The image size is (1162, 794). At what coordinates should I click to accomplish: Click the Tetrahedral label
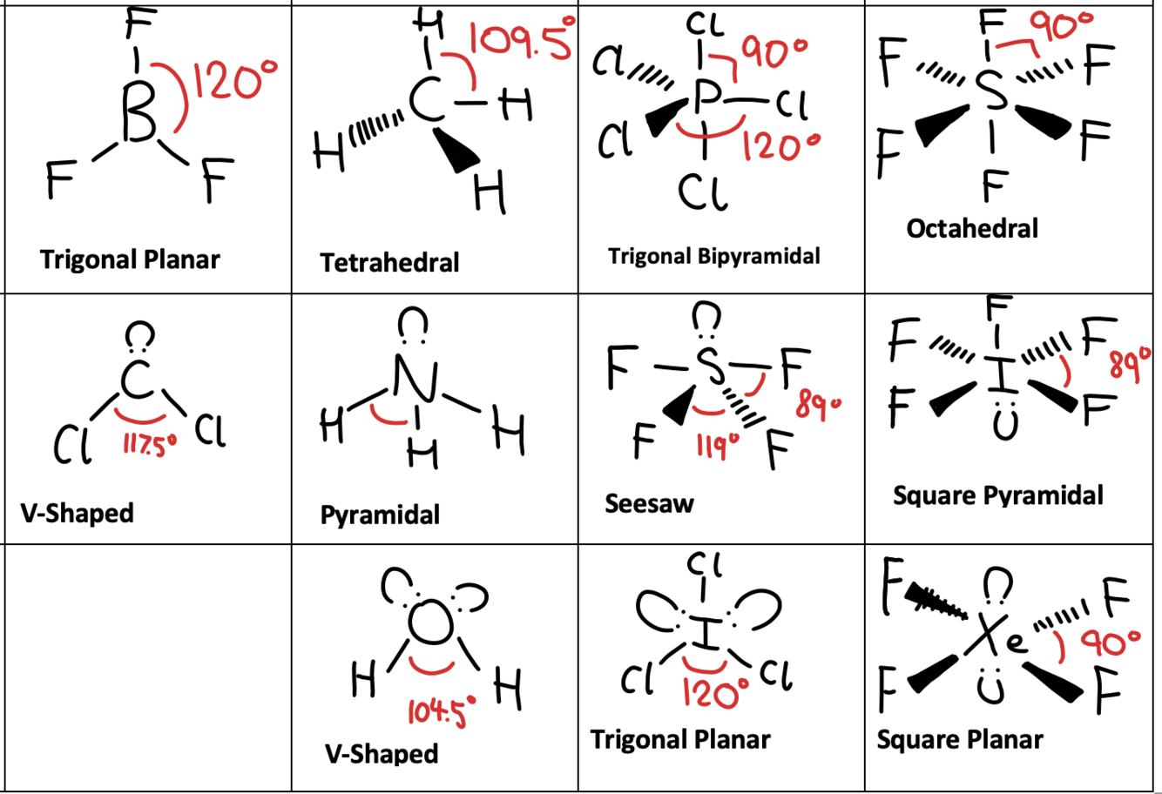389,262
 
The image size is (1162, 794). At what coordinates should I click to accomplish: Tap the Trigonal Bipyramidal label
714,257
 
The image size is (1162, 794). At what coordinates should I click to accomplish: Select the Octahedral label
972,229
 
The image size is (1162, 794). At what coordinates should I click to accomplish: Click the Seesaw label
649,503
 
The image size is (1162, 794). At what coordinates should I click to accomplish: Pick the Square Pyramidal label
997,495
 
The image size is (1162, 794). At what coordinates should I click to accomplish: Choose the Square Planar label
959,739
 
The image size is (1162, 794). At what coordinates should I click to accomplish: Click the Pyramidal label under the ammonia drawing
380,515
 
